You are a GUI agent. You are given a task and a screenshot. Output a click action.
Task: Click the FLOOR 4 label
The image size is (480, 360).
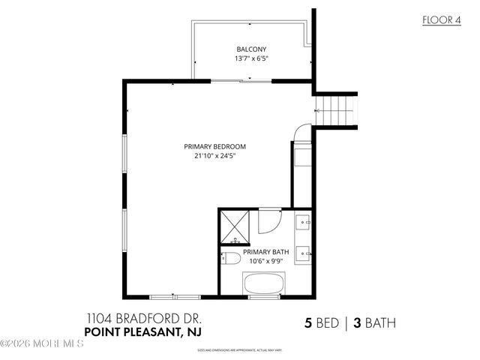(x=440, y=20)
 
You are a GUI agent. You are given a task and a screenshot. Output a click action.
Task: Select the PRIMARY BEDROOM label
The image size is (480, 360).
(x=215, y=146)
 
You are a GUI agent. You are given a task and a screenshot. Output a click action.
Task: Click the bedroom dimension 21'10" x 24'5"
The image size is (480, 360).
(x=215, y=157)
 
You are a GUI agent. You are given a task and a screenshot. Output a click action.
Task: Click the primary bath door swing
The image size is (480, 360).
(x=268, y=220)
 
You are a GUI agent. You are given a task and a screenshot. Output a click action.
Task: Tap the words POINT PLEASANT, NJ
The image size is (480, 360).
(x=142, y=331)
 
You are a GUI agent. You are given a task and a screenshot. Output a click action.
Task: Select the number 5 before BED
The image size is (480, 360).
(x=307, y=324)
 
